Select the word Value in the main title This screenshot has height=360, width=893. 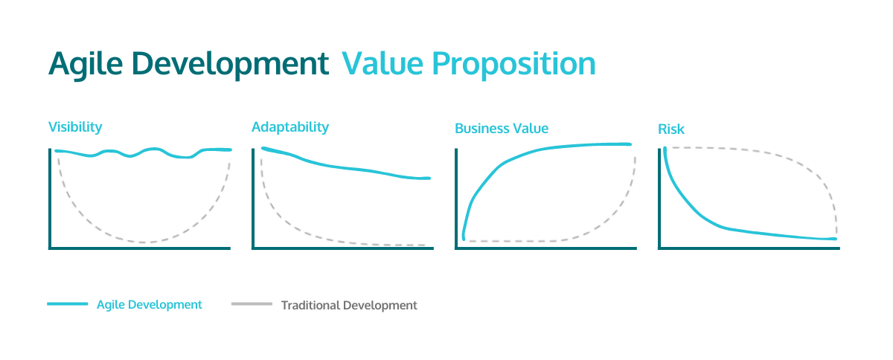pos(384,64)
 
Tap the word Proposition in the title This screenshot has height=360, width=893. pos(515,65)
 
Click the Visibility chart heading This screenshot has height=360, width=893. pos(75,126)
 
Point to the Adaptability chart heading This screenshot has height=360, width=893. pos(289,127)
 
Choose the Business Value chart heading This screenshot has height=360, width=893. pos(502,129)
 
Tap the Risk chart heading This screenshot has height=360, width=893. pos(671,129)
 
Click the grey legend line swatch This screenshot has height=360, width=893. pos(251,304)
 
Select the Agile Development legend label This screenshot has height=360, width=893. pos(150,305)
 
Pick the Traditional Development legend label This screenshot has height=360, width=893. pos(349,305)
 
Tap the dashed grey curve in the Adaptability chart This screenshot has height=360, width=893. pos(298,227)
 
